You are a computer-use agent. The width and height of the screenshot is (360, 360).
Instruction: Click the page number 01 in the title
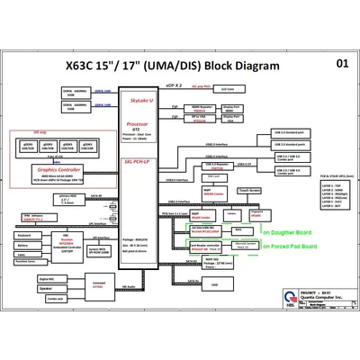pos(342,64)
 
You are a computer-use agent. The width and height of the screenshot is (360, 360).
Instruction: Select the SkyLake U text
pos(138,103)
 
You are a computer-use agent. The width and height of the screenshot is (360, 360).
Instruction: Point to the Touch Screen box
pos(249,192)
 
